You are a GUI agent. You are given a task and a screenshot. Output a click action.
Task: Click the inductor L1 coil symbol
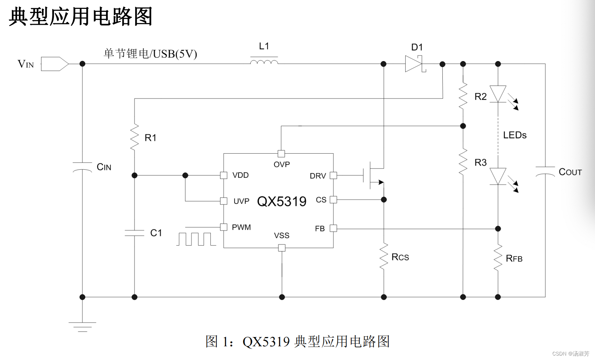coord(264,62)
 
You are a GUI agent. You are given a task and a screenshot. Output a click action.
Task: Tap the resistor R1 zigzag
coord(134,137)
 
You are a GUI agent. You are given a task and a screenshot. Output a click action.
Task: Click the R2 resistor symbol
coord(463,96)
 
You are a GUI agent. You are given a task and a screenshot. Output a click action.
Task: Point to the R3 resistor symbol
coord(463,162)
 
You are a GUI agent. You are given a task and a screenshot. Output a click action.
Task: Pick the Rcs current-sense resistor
coord(384,256)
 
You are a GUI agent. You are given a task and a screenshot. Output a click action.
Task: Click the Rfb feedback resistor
coord(498,257)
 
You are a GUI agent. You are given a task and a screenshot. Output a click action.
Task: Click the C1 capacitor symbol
coord(134,233)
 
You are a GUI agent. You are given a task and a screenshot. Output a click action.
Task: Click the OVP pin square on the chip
coord(281,153)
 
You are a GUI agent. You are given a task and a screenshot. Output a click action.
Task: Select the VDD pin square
coord(223,175)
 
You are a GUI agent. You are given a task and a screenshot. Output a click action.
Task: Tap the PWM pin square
coord(223,227)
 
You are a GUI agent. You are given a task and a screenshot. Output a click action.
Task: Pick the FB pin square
coord(333,228)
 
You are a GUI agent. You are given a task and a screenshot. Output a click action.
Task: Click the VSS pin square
coord(282,248)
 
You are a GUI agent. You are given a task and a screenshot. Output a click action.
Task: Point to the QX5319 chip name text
coord(282,201)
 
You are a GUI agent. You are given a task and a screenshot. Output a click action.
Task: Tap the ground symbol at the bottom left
coord(82,326)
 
